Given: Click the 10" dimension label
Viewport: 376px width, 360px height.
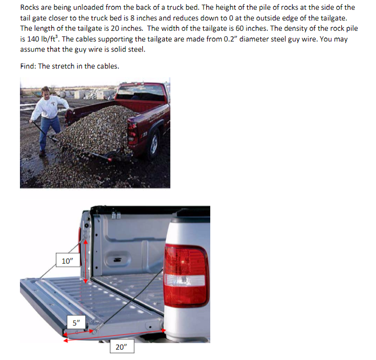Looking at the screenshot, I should pos(68,261).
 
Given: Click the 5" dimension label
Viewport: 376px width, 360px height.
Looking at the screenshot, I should pos(75,324).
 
